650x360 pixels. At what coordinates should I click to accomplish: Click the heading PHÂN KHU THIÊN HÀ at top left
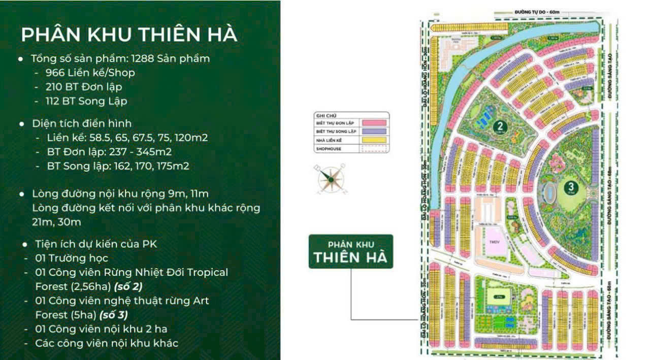pos(129,35)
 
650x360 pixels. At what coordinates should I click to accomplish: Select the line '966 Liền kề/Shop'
pos(90,73)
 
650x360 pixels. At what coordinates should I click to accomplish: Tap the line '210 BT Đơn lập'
pos(83,87)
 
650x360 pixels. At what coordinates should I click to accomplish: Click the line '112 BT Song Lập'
pos(86,101)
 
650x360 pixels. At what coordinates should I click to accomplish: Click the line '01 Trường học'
pos(71,258)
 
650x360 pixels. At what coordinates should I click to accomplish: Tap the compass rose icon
pos(330,179)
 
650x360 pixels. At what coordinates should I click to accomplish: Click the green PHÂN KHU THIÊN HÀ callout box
pos(350,251)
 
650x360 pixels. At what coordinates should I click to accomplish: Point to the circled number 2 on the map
pos(501,127)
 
